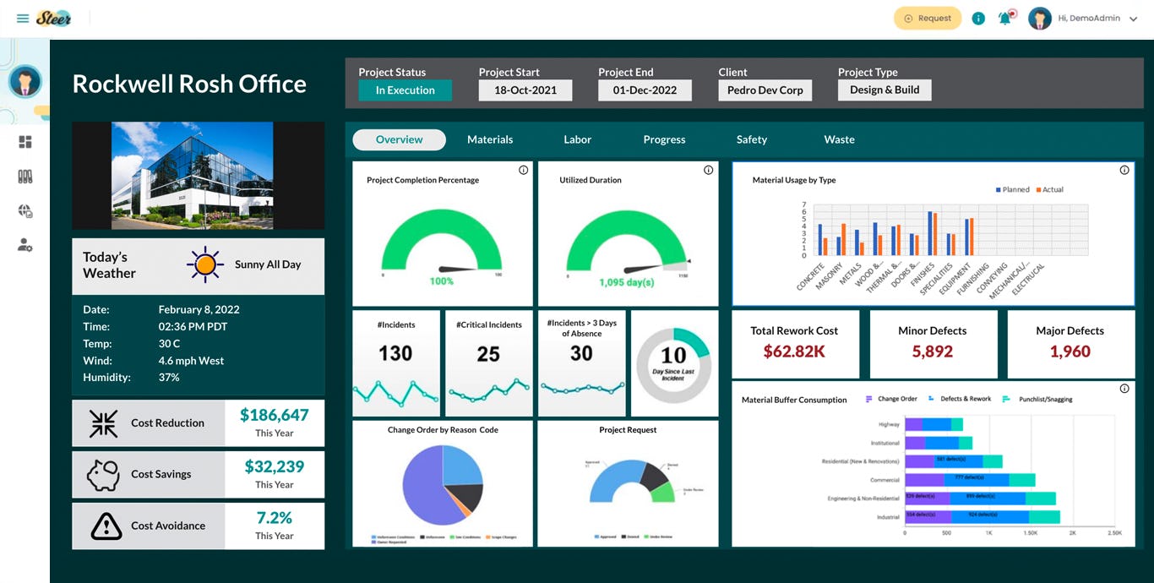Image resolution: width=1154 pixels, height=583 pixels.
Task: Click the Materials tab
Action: (490, 139)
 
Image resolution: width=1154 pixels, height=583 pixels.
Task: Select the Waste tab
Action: (839, 139)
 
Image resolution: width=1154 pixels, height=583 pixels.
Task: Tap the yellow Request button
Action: (928, 19)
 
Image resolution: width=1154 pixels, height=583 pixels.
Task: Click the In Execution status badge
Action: (406, 90)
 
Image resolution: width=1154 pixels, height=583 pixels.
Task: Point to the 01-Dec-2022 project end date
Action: (645, 90)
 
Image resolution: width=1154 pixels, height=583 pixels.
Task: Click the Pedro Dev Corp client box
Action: (765, 90)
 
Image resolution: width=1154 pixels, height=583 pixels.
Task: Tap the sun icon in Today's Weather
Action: (205, 264)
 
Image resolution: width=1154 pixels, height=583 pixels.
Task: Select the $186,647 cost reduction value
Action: (275, 415)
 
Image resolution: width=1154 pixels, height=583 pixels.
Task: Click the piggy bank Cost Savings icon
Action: (104, 475)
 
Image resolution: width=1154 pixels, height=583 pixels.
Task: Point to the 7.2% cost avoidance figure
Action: (275, 518)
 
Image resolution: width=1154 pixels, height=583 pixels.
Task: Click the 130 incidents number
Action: (395, 354)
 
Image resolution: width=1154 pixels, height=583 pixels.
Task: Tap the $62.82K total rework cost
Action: (794, 351)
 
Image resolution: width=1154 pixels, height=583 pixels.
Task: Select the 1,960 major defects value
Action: (1070, 351)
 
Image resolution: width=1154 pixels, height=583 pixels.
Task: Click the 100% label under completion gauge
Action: (442, 281)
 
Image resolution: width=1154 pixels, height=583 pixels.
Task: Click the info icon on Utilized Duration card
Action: (708, 170)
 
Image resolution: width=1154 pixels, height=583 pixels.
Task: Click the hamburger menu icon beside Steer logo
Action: (22, 19)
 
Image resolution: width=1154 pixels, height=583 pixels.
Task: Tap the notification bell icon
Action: (1004, 19)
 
